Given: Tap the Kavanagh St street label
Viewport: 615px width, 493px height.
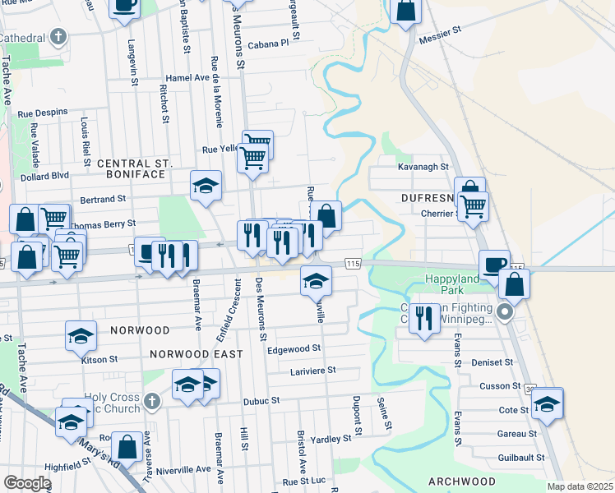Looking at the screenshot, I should (x=423, y=166).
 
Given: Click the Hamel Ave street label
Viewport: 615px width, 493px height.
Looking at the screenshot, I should (x=188, y=77).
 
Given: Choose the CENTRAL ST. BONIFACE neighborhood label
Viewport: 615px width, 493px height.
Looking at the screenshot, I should (x=133, y=164).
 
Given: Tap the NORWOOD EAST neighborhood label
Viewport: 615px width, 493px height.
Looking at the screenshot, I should (x=197, y=354).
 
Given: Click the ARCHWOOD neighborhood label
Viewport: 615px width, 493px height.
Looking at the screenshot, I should (x=461, y=481).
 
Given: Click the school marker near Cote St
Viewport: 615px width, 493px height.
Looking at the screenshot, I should (x=547, y=403).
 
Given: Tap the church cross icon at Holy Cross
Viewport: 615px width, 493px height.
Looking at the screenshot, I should (x=150, y=402).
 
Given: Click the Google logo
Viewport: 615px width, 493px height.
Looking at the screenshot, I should (x=27, y=483).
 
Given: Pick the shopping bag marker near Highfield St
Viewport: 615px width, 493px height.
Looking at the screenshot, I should (x=127, y=447).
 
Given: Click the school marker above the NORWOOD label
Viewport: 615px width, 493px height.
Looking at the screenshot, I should (x=81, y=335).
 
